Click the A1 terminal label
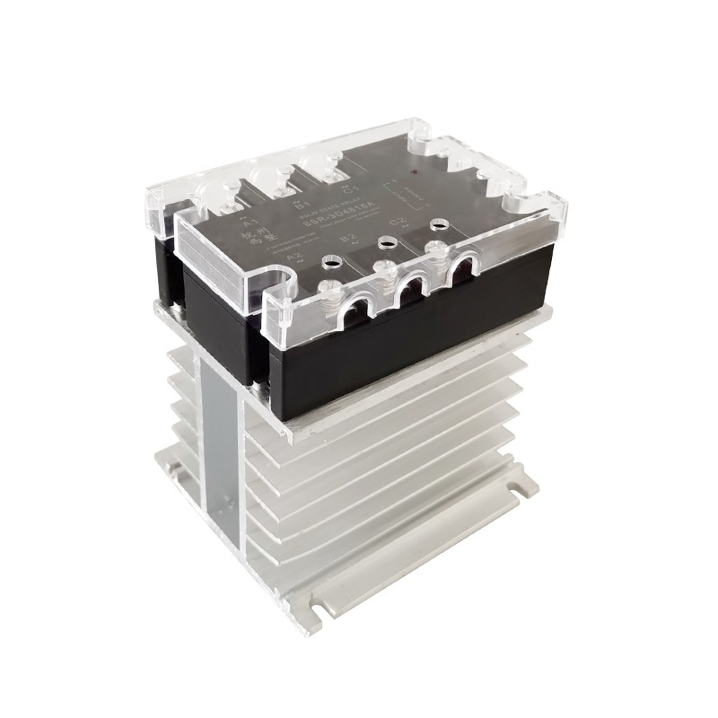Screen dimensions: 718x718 coord(248,222)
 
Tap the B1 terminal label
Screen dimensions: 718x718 coord(301,206)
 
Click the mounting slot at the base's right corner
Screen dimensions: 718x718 coord(519,490)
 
